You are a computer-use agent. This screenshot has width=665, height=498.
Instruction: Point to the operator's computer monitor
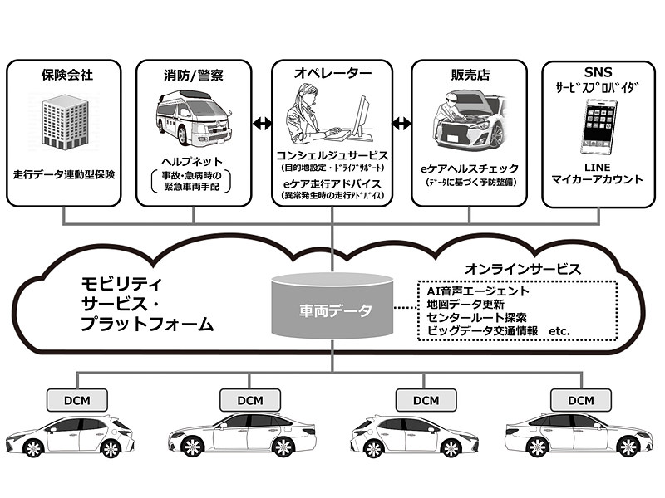[362, 116]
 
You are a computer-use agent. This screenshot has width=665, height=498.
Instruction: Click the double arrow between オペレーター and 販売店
[402, 124]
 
